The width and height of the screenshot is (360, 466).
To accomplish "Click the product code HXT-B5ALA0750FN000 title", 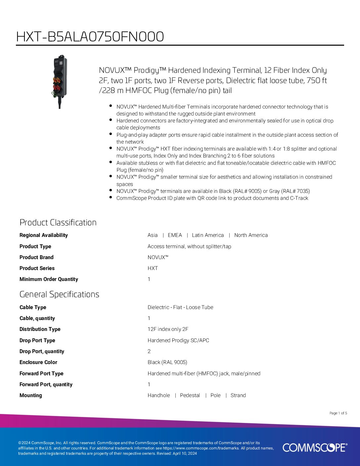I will pos(90,37).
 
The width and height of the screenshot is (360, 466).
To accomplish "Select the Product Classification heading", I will pos(58,222).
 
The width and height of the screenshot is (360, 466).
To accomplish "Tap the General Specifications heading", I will pos(59,294).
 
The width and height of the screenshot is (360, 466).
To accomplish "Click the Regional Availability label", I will pos(43,235).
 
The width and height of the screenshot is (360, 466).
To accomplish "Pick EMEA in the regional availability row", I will pos(175,235).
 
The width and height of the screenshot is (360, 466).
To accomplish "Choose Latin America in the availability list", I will pos(208,235).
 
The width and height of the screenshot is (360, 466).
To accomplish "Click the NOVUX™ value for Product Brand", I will pos(158,257).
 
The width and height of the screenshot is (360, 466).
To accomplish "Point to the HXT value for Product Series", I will pos(153,268).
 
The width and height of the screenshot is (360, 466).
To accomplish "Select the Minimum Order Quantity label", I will pos(49,279).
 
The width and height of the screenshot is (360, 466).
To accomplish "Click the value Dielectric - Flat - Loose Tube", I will pos(180,307).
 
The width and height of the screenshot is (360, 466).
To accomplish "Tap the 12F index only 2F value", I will pos(168,329).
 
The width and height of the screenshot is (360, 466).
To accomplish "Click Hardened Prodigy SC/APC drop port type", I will pos(178,340).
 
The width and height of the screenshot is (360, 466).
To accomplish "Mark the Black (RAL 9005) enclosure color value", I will pos(167,362).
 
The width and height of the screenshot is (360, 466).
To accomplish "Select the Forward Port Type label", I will pos(41,373).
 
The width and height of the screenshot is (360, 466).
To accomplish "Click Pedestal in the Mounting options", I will pos(190,395).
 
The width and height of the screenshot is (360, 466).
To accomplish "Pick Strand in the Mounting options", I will pos(238,395).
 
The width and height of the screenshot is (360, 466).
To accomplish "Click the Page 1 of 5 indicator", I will pos(338,413).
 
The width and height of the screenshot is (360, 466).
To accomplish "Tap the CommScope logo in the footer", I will pos(315,447).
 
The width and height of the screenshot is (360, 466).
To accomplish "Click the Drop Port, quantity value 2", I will pos(149,351).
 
